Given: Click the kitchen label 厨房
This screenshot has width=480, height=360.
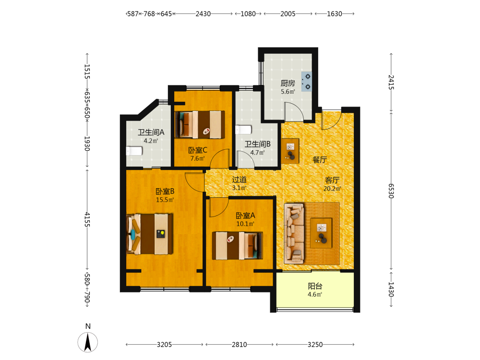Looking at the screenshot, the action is pyautogui.click(x=288, y=83).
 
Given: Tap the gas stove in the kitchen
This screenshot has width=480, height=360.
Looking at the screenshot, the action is pyautogui.click(x=307, y=82).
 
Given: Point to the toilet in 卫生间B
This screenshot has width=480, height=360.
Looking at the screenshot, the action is pyautogui.click(x=243, y=130).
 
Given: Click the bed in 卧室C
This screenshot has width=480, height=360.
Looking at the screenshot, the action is pyautogui.click(x=200, y=125).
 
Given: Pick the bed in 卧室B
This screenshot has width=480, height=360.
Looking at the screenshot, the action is pyautogui.click(x=150, y=234).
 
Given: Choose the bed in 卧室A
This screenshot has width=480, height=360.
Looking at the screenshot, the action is pyautogui.click(x=237, y=245).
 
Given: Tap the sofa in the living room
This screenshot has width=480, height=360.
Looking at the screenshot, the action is pyautogui.click(x=294, y=234).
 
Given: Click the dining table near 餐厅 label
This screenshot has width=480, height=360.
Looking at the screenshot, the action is pyautogui.click(x=290, y=151).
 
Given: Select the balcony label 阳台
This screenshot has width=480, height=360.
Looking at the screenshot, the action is pyautogui.click(x=315, y=286).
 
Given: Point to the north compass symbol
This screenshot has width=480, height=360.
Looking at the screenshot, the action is pyautogui.click(x=88, y=342).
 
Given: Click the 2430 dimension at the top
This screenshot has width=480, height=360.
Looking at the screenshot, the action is pyautogui.click(x=203, y=14).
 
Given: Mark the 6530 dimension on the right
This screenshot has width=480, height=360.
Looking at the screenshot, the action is pyautogui.click(x=391, y=191).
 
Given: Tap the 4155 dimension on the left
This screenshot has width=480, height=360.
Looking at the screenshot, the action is pyautogui.click(x=87, y=219).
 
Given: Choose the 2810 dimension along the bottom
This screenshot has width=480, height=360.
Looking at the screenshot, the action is pyautogui.click(x=240, y=345).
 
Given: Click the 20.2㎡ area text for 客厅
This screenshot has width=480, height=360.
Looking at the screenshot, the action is pyautogui.click(x=332, y=189).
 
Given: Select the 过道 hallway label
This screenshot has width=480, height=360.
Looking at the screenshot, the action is pyautogui.click(x=239, y=180).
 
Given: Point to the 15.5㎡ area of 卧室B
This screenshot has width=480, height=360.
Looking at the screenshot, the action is pyautogui.click(x=165, y=200).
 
